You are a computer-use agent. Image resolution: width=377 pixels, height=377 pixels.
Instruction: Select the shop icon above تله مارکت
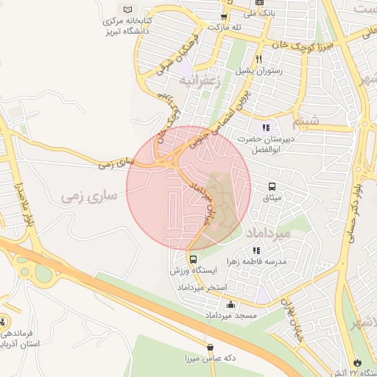pos(224,16)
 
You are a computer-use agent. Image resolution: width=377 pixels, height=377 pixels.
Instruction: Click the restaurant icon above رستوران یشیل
pos(258,60)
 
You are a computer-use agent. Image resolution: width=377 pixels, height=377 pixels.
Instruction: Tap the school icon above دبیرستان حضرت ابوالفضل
pos(265,127)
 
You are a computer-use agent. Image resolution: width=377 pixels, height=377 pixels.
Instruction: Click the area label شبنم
pos(306,119)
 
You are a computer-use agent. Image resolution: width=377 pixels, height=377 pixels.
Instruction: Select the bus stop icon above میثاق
pos(272,186)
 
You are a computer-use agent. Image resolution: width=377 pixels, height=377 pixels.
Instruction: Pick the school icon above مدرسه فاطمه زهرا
pos(256,250)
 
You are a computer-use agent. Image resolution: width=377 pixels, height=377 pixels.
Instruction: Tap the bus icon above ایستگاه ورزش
pos(193,259)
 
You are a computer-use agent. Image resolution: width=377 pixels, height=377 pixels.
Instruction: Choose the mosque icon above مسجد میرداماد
pos(231,305)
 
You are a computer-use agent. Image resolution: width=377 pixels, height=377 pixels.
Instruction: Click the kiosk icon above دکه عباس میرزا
pos(211,347)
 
